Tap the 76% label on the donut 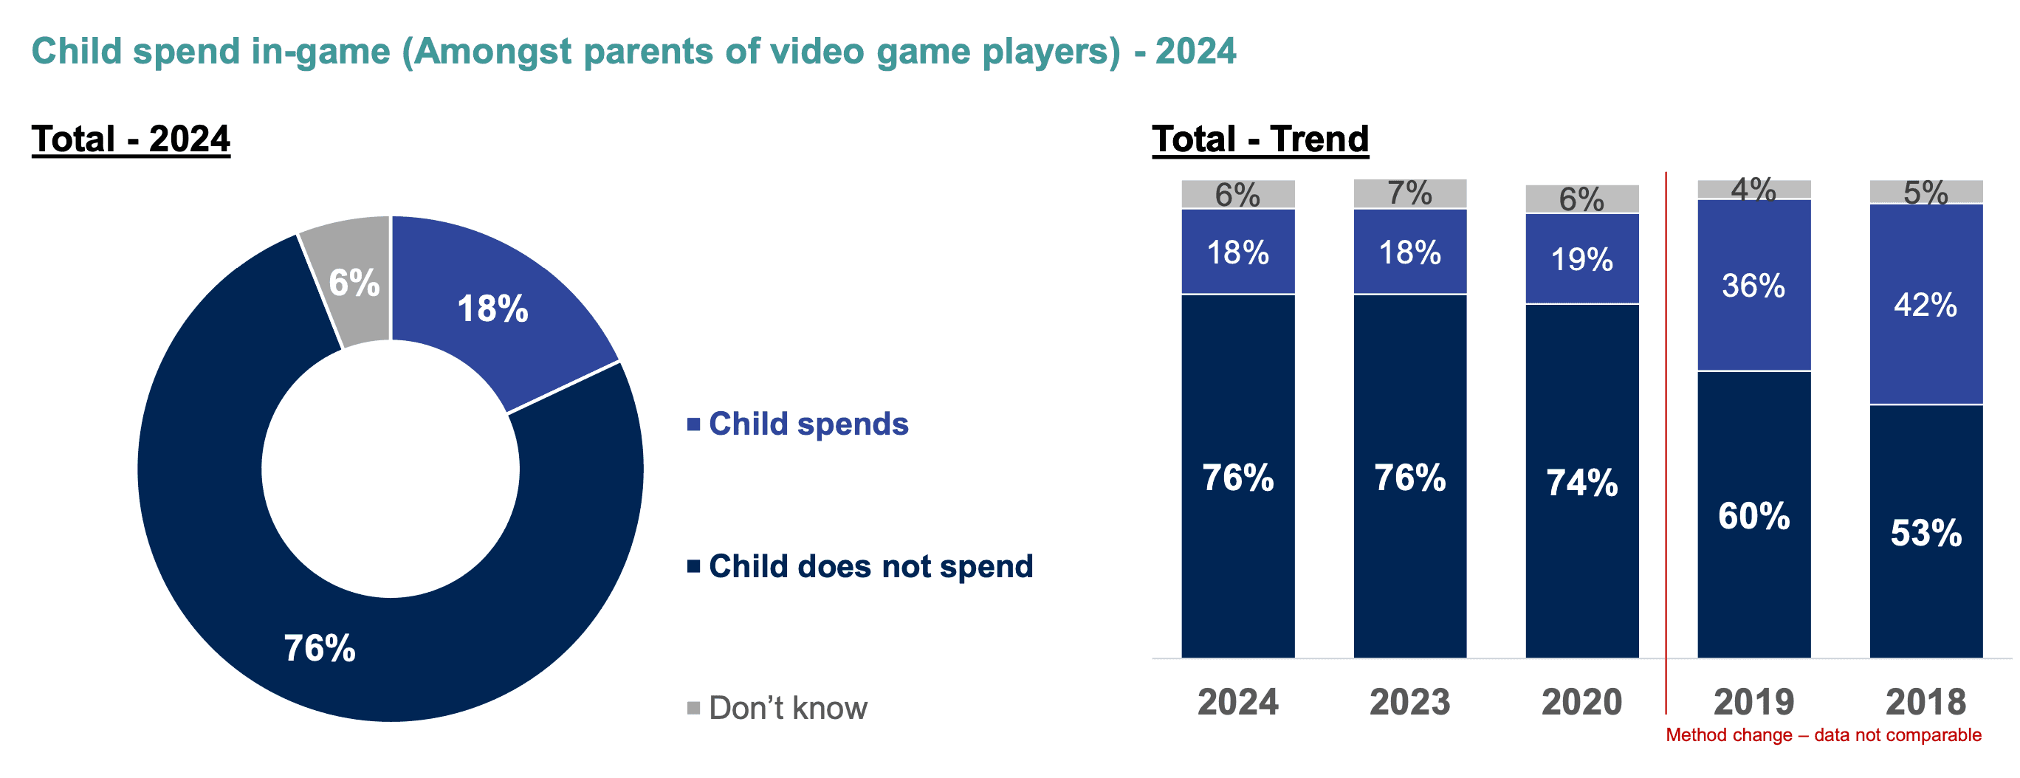(319, 649)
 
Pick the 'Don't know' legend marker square (693, 708)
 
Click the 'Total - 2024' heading (131, 140)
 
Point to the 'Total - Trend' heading (1260, 140)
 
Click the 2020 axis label (1581, 702)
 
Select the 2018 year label (1926, 702)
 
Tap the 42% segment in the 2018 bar (1926, 305)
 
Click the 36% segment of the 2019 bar (1753, 286)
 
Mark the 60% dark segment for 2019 (1753, 516)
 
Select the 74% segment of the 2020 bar (1581, 482)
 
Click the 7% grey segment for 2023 (1410, 193)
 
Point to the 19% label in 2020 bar (1581, 260)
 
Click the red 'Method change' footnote (1823, 736)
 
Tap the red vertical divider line (1666, 439)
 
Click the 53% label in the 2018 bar (1926, 533)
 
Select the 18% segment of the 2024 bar (1237, 252)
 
